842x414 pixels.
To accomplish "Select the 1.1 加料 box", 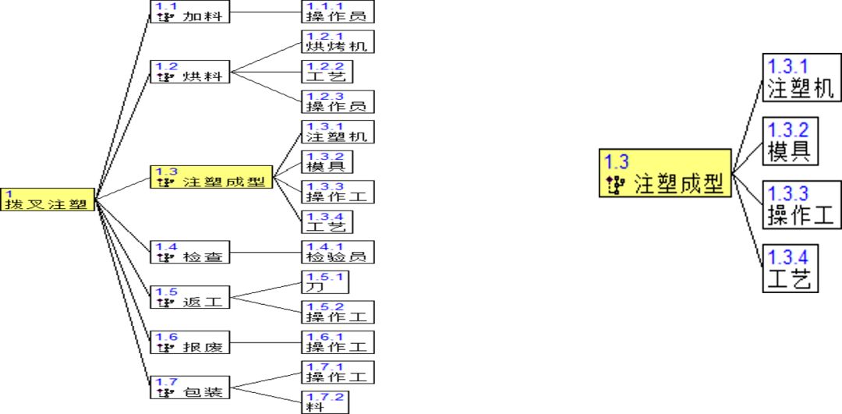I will (189, 12).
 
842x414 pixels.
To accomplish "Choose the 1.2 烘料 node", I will (189, 72).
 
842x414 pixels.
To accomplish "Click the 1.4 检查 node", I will (189, 252).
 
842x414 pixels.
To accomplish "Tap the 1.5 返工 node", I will (189, 297).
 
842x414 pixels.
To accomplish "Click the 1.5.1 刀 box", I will (324, 281).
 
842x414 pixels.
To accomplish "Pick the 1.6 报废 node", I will (189, 341).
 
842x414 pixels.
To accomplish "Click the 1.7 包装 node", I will (189, 387).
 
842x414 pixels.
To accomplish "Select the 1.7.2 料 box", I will (324, 402).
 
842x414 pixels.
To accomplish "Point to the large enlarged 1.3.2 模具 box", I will (790, 140).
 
